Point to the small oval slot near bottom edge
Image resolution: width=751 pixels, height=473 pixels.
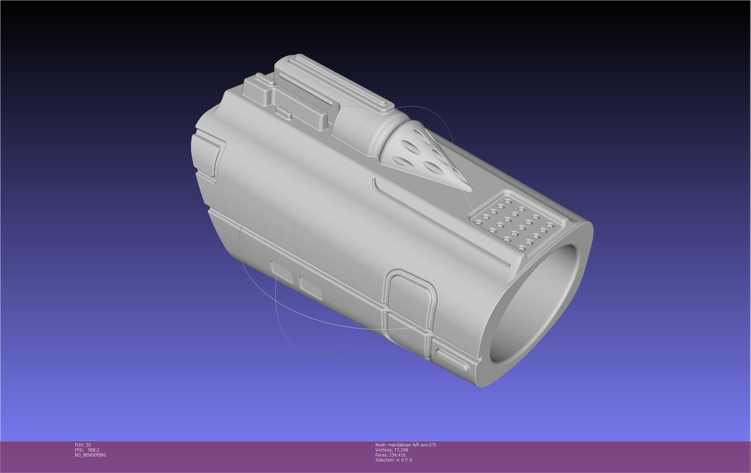point(451,360)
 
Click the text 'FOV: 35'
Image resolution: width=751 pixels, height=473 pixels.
point(83,445)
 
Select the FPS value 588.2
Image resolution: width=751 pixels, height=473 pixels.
point(93,450)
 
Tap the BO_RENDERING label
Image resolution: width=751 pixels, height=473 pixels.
point(90,455)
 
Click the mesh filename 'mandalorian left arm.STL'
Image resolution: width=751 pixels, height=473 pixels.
point(412,445)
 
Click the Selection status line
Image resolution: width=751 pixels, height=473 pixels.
point(393,460)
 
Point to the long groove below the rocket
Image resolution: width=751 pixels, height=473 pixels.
point(441,224)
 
